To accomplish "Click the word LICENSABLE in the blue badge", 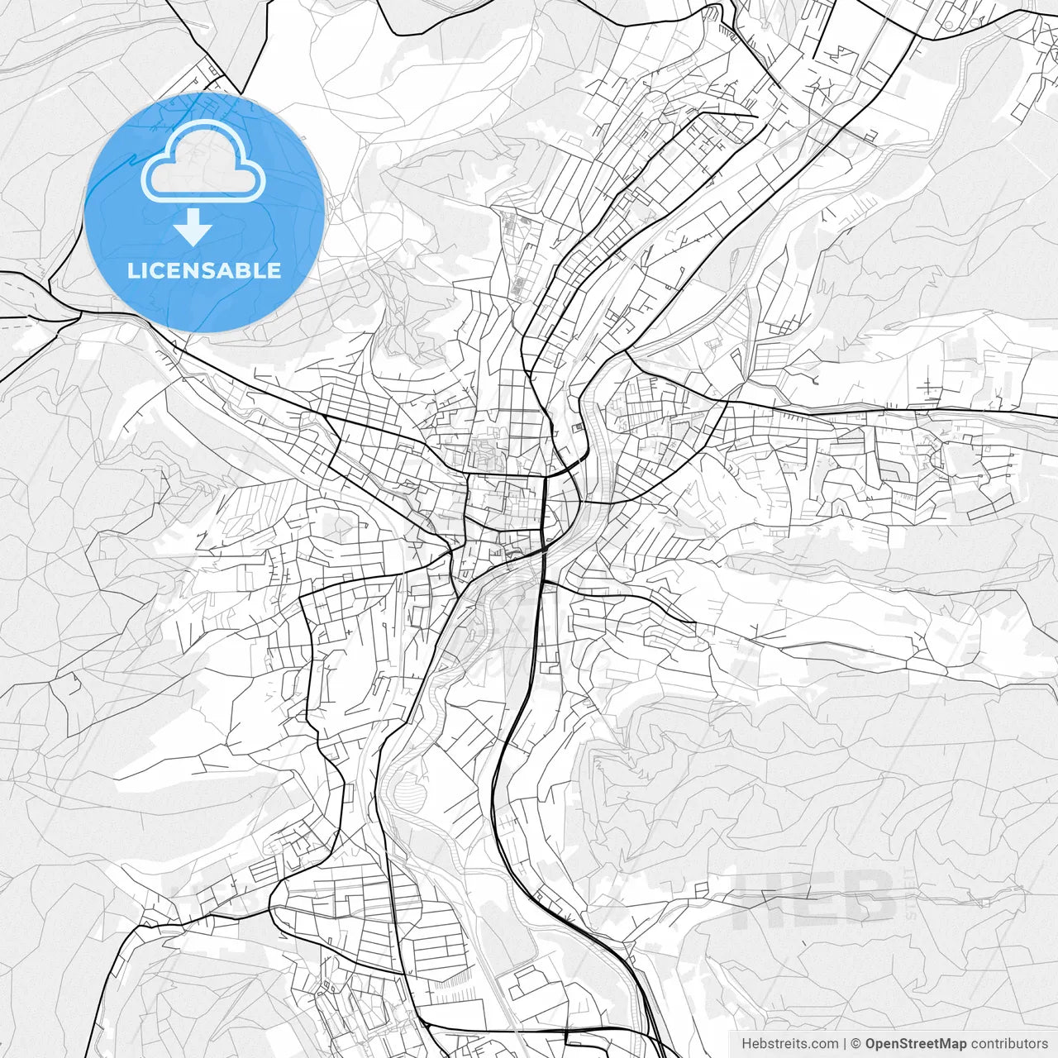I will click(204, 270).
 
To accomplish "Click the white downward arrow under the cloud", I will click(193, 227).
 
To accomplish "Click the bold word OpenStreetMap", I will click(916, 1044).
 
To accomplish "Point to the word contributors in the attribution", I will click(1009, 1044).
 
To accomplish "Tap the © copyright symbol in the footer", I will click(856, 1044).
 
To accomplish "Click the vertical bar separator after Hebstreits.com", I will click(845, 1044).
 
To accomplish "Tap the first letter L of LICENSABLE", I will click(131, 270).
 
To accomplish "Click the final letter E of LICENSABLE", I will click(275, 270).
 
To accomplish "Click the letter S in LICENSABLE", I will click(204, 270).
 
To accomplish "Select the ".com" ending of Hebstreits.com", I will click(822, 1044).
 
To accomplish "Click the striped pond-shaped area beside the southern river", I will click(409, 789).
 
